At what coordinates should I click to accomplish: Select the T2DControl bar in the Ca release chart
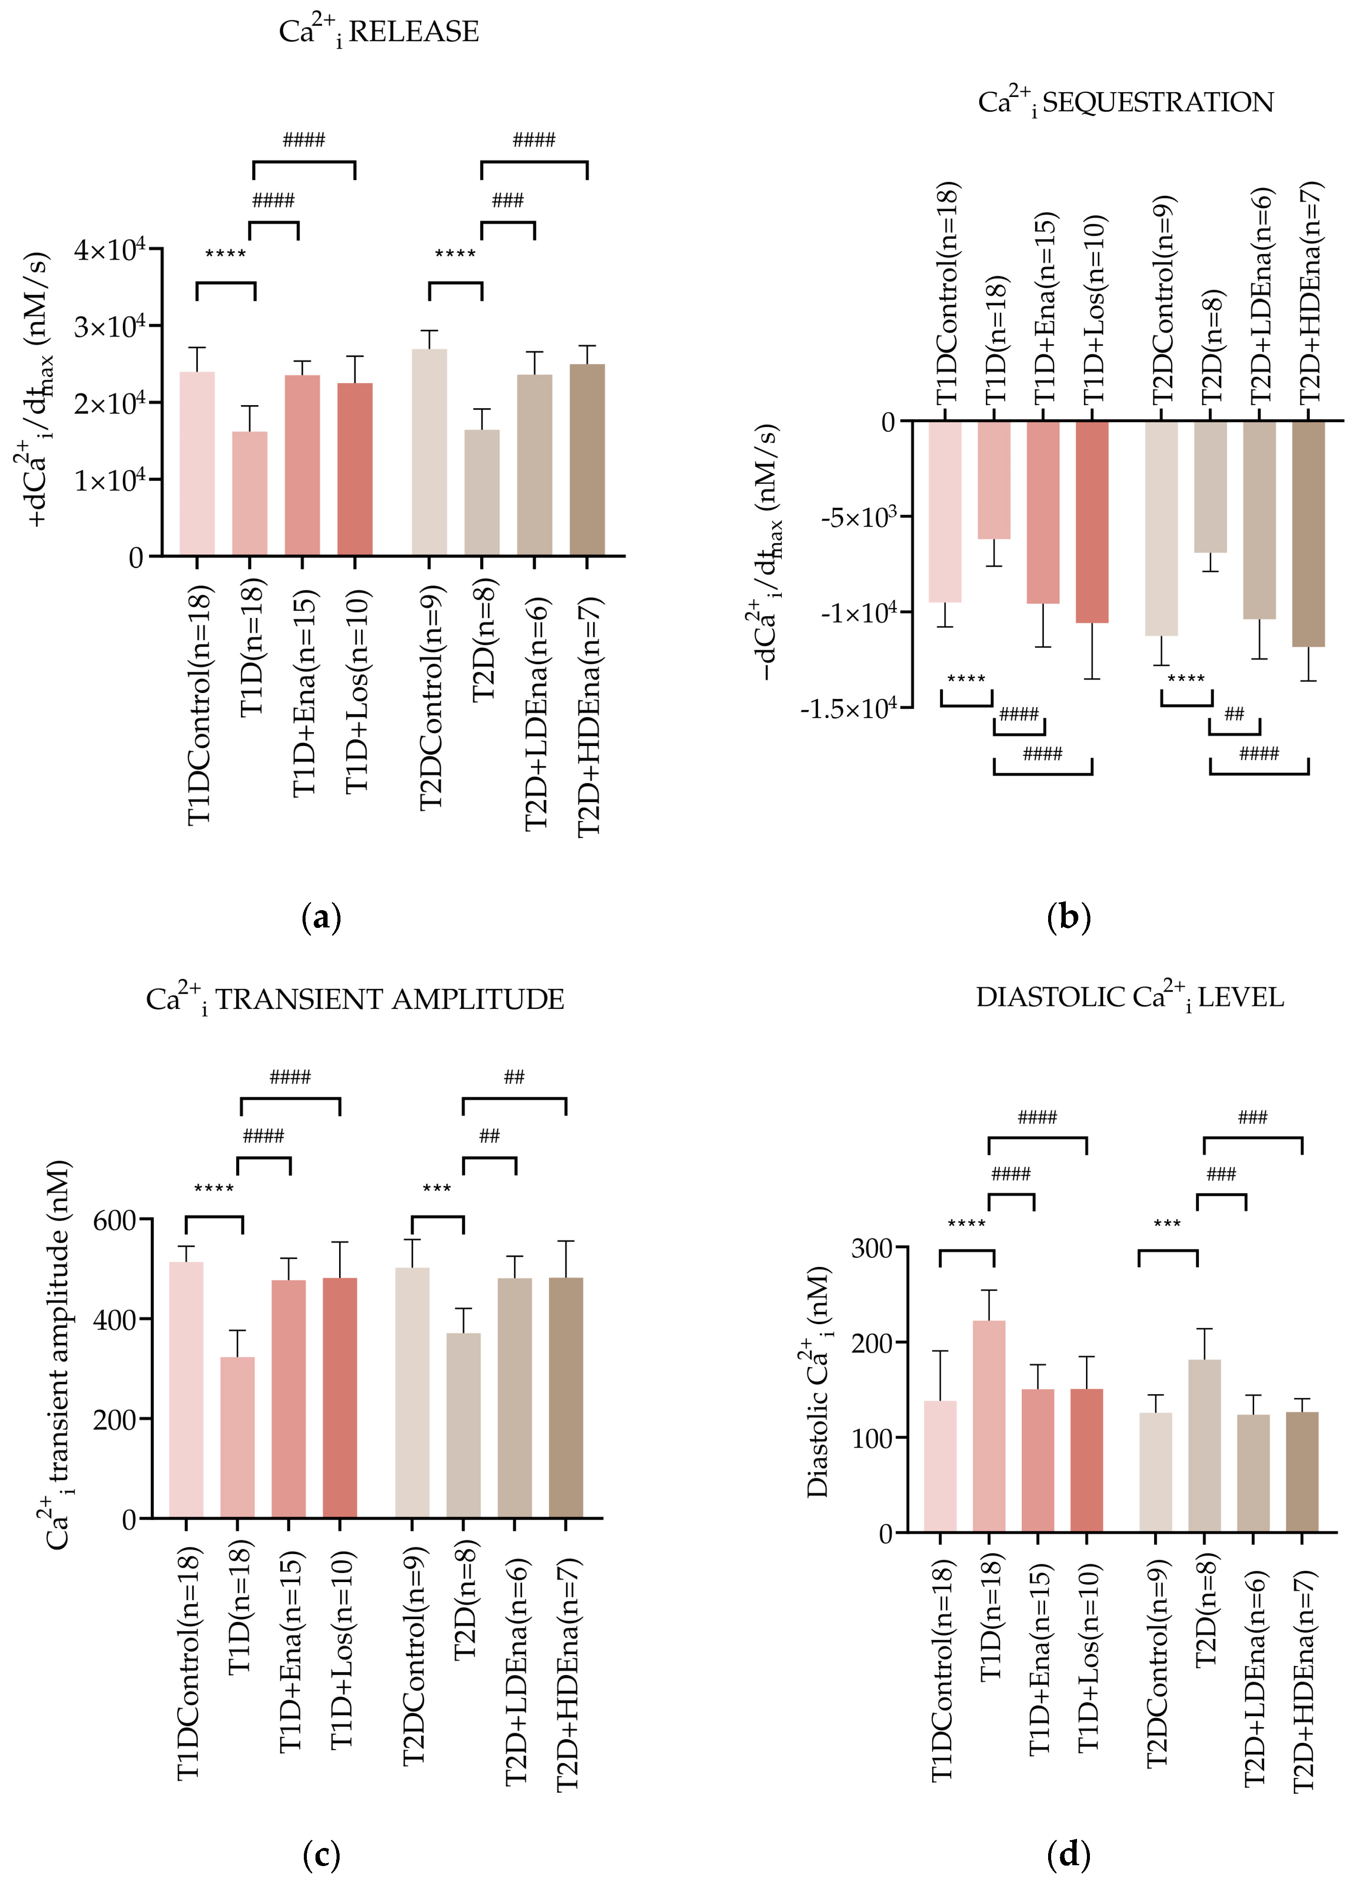point(429,452)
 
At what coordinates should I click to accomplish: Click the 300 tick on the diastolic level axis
point(873,1249)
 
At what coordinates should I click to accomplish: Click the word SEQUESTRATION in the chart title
point(1158,102)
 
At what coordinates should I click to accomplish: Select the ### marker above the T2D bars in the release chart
point(508,200)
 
